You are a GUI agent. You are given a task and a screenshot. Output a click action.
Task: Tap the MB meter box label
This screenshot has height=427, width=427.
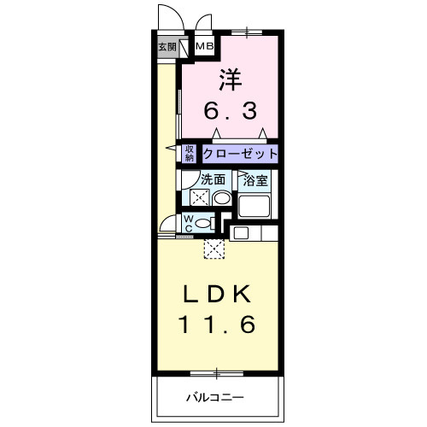click(x=206, y=45)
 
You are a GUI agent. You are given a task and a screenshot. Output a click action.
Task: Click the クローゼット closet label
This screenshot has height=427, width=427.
click(x=240, y=154)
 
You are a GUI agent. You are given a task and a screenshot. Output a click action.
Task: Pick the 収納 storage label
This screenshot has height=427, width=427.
click(x=190, y=153)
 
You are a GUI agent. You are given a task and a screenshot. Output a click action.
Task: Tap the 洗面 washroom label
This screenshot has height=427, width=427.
click(x=213, y=180)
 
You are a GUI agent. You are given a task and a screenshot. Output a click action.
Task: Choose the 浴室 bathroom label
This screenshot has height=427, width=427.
click(x=256, y=180)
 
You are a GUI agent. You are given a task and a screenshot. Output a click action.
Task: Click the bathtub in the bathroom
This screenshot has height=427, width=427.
click(x=255, y=206)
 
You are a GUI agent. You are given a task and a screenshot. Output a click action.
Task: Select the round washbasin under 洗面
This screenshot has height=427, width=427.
click(x=221, y=198)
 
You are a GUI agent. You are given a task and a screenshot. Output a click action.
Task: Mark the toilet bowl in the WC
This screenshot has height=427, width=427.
click(x=204, y=224)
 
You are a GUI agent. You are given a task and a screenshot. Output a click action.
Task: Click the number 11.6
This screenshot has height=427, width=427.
click(x=217, y=325)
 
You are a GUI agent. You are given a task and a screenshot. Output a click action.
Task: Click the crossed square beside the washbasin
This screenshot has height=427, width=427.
click(x=198, y=198)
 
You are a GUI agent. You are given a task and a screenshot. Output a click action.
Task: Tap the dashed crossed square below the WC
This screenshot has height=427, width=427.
click(x=215, y=249)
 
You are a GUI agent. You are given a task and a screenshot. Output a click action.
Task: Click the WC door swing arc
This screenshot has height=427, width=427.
click(x=167, y=227)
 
